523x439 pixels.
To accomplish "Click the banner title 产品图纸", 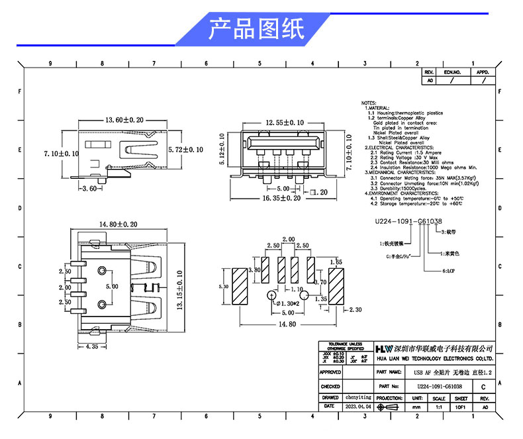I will point(256,29).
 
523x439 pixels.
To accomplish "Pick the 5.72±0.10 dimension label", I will point(186,150).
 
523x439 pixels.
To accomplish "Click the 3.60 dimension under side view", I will point(91,189).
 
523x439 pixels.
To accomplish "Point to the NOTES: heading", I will point(369,104).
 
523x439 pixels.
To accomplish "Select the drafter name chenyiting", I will point(359,398).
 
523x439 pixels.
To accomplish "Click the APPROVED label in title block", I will point(330,372).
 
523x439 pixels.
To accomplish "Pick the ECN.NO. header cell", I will point(452,72).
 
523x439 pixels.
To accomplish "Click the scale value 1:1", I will point(438,408).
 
